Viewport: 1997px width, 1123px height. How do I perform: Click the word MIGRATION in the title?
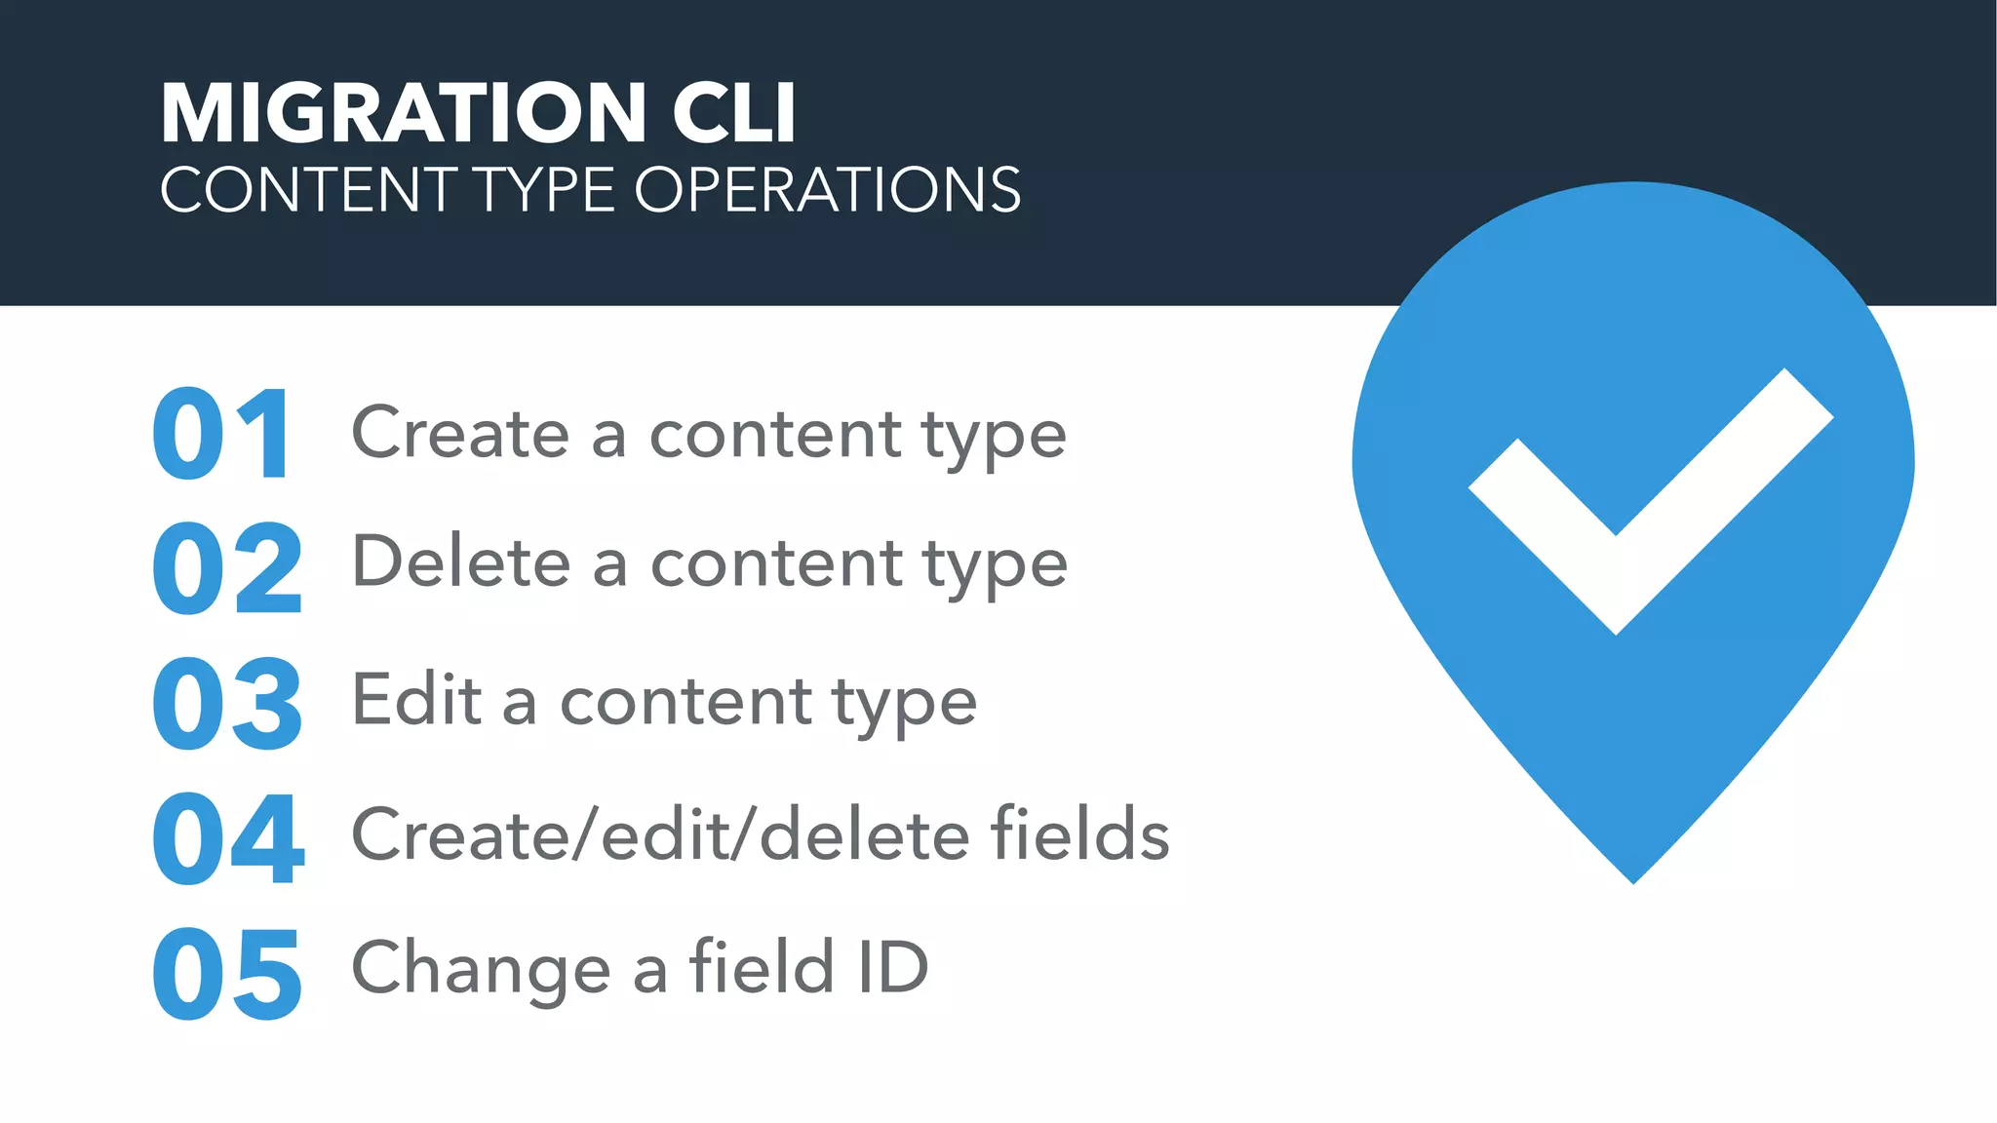click(x=403, y=113)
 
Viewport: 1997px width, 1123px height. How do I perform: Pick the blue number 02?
click(x=228, y=568)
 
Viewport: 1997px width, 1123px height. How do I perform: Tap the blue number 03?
click(x=228, y=703)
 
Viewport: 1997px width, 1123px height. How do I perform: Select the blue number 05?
click(x=228, y=974)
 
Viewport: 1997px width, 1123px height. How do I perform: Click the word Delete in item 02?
click(x=461, y=562)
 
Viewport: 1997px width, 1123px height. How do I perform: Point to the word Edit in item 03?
click(x=416, y=700)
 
